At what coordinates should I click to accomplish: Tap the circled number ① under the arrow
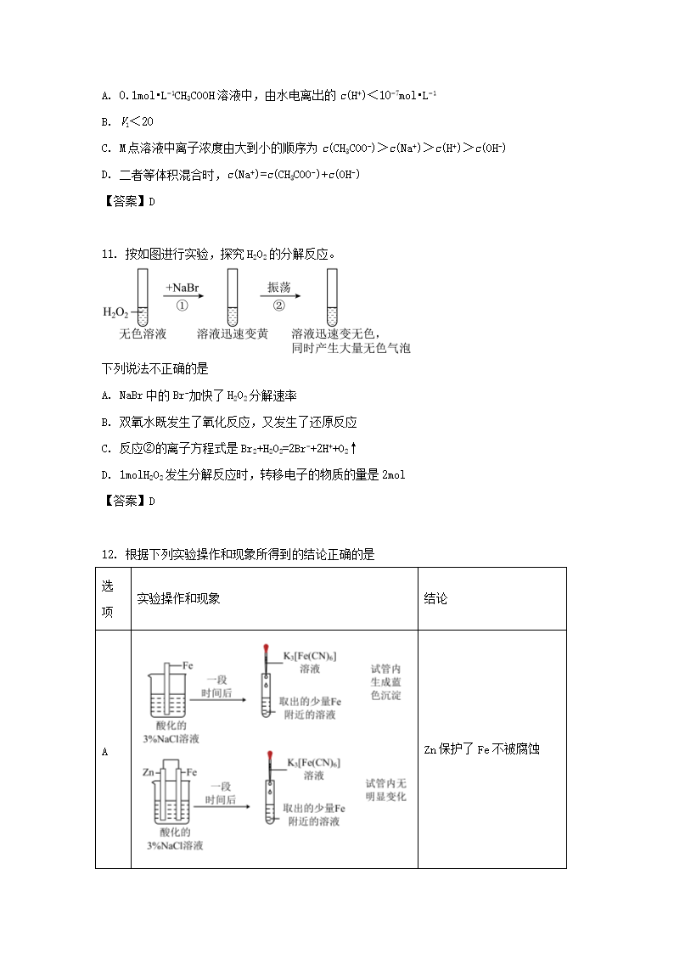pos(182,306)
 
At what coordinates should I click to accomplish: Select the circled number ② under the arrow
pos(279,306)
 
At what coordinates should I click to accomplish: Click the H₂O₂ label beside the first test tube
pos(115,313)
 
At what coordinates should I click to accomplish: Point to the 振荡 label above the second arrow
pos(279,287)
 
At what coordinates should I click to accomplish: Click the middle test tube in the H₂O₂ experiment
pos(232,296)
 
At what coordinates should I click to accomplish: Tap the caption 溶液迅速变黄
pos(232,334)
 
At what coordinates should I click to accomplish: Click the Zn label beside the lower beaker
pos(148,772)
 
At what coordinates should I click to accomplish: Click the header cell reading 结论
pos(435,598)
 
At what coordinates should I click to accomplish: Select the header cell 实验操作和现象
pos(178,598)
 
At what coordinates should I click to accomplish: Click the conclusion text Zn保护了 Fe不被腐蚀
pos(481,749)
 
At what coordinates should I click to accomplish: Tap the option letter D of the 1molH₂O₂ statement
pos(105,474)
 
